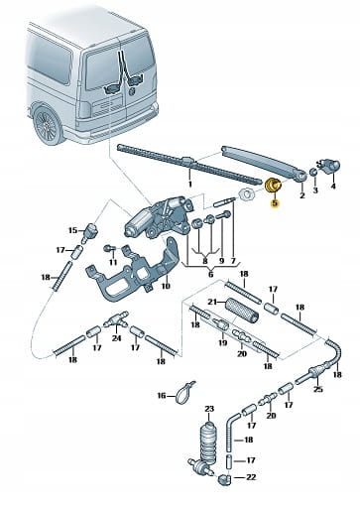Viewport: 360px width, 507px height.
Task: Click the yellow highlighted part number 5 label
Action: click(275, 204)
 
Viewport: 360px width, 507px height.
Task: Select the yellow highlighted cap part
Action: click(274, 185)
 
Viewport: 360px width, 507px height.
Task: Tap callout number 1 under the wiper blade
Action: click(189, 184)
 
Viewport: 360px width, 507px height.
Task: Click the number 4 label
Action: click(333, 187)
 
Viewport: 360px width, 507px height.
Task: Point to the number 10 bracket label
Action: click(166, 286)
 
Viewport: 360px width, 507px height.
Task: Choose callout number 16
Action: click(162, 395)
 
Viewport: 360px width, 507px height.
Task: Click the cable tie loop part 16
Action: click(184, 392)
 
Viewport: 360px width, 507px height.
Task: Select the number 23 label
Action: click(209, 409)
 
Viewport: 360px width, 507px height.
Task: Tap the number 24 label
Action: click(117, 338)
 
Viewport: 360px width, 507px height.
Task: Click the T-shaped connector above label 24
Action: click(116, 319)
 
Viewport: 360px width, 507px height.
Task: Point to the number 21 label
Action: click(212, 302)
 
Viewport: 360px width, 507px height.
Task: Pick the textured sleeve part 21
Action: click(242, 311)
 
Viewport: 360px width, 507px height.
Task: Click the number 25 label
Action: click(317, 389)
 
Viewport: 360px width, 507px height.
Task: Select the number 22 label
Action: click(251, 477)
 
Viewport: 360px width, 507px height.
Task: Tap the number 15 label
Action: click(73, 230)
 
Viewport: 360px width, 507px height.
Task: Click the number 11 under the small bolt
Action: click(113, 262)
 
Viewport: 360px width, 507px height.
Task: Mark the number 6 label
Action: click(211, 274)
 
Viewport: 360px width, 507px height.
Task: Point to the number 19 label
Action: click(223, 342)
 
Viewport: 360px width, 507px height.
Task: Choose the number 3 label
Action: click(315, 190)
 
